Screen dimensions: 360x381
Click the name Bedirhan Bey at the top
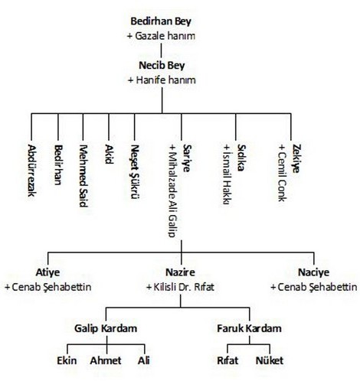[x=161, y=21]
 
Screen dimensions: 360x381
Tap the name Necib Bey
[x=162, y=66]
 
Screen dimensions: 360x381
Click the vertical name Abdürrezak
[x=31, y=171]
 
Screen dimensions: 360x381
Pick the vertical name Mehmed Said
[x=83, y=176]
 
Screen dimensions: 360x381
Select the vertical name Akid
[x=109, y=154]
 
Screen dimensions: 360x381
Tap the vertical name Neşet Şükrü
[x=135, y=171]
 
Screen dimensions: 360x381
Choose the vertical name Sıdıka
[x=241, y=158]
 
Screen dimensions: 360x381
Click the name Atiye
[x=47, y=272]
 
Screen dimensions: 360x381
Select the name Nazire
[x=180, y=272]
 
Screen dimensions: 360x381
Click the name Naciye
[x=313, y=272]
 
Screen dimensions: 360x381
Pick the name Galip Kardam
[x=106, y=328]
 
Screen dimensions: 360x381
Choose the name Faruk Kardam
[x=249, y=328]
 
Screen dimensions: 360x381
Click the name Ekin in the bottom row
[x=67, y=361]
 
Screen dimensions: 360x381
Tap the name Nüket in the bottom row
[x=270, y=361]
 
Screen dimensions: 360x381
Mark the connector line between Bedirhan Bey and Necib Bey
[x=161, y=50]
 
